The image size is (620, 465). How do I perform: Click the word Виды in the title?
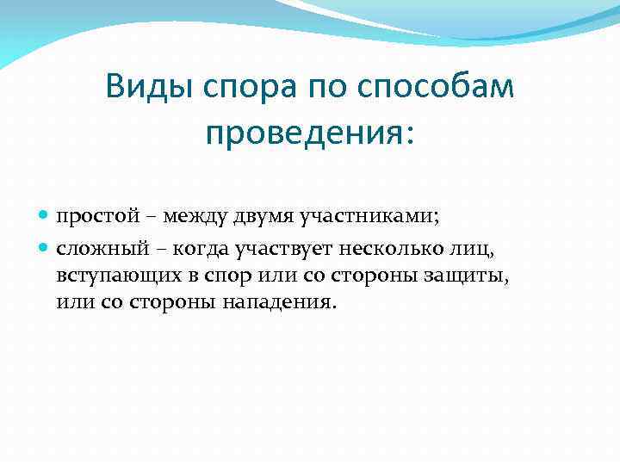point(146,87)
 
